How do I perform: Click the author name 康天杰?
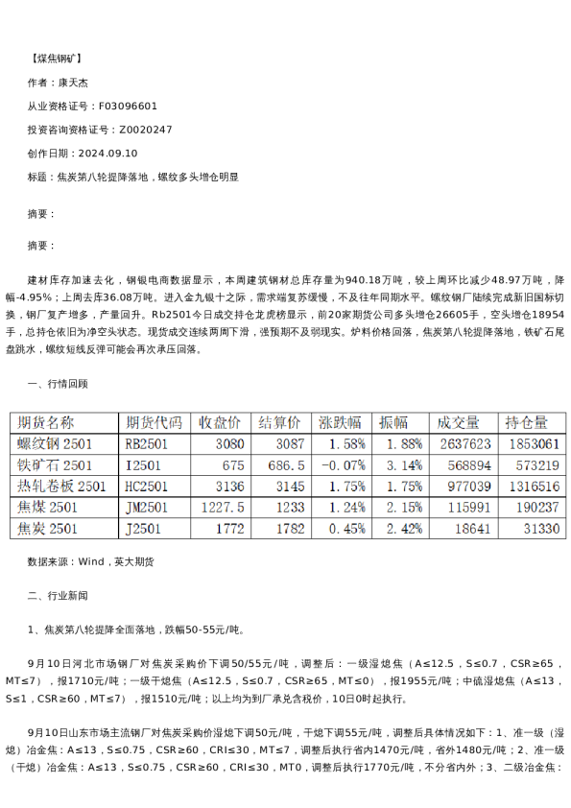pos(73,83)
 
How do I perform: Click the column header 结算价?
pos(279,422)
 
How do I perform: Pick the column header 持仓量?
pos(527,422)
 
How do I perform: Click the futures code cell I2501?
pos(142,464)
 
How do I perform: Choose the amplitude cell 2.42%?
pos(404,529)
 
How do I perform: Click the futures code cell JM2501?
pos(147,507)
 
